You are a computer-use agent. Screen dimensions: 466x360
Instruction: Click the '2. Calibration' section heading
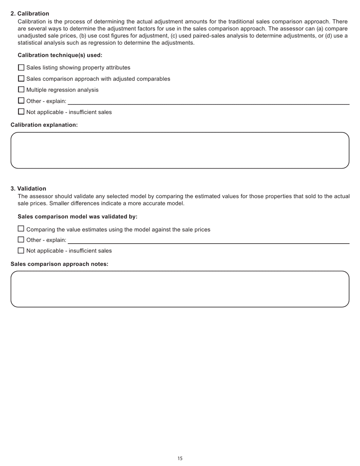coord(30,14)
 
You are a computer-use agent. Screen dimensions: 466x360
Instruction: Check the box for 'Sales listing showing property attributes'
coord(21,67)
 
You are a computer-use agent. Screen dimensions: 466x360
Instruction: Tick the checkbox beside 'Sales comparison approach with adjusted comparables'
coord(21,78)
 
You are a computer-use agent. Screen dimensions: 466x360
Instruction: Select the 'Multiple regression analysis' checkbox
coord(21,89)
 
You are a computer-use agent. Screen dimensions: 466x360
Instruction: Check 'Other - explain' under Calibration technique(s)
coord(21,101)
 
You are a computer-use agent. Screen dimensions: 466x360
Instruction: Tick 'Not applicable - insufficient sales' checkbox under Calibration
coord(21,112)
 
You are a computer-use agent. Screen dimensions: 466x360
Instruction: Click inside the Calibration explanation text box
coord(180,150)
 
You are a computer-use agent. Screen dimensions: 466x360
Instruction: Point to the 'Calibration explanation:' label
coord(44,125)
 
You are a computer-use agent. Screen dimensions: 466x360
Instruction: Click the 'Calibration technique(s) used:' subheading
coord(60,55)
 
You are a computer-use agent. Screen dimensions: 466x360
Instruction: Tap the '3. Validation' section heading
coord(28,189)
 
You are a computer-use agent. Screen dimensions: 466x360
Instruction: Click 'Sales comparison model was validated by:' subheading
coord(77,217)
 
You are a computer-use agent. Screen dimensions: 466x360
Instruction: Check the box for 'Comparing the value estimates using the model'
coord(21,229)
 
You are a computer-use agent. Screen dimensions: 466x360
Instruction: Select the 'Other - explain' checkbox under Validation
coord(21,240)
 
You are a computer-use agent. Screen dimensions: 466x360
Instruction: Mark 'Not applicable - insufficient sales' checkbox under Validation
coord(21,250)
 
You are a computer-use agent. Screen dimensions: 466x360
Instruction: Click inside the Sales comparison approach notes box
coord(180,289)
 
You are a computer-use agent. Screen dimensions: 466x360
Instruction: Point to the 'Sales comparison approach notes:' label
coord(59,264)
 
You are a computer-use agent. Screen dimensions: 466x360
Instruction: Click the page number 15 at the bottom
coord(180,458)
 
